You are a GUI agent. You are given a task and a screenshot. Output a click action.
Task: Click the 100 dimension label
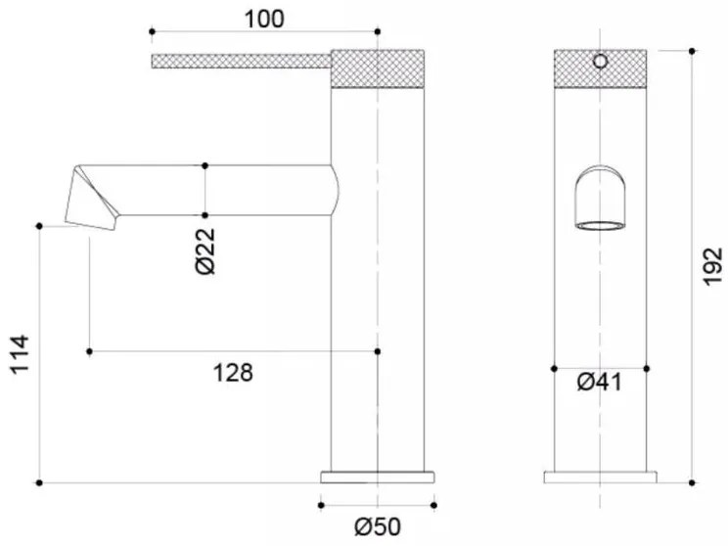(264, 20)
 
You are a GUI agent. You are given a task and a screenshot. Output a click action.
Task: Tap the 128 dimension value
(233, 373)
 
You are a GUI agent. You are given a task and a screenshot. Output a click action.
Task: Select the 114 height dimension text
(20, 354)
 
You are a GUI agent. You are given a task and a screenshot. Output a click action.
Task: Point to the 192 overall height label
(712, 267)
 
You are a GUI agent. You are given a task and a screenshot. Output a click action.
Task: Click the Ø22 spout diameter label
(205, 250)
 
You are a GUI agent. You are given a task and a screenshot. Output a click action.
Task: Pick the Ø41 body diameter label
(599, 383)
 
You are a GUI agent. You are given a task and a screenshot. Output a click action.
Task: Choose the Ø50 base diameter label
(378, 527)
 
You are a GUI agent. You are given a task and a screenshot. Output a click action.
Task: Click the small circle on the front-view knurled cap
(601, 61)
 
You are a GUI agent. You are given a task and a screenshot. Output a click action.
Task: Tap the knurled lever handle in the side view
(241, 62)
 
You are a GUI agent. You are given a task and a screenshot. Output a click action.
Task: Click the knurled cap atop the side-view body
(378, 68)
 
